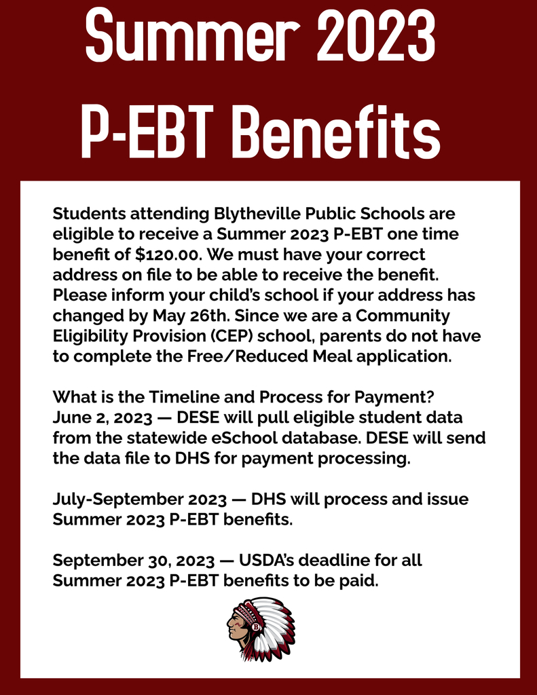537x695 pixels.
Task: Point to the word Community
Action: [x=403, y=316]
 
